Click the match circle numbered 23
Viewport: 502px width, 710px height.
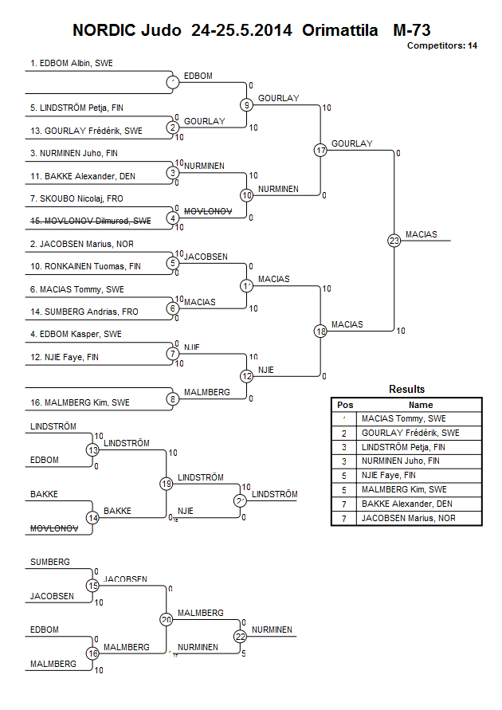click(x=394, y=240)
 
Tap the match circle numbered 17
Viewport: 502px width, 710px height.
click(x=320, y=150)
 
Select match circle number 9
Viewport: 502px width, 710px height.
click(x=247, y=104)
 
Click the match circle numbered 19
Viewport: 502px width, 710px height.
click(x=167, y=484)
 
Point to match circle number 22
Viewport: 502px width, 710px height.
click(x=241, y=636)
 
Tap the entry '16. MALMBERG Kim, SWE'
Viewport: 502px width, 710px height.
click(x=69, y=402)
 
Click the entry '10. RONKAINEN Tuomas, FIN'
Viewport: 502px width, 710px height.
click(x=74, y=266)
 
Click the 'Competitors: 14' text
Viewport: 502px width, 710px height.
click(x=442, y=46)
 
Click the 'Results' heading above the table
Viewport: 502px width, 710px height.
click(x=406, y=390)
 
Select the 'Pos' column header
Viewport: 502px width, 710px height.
click(x=345, y=405)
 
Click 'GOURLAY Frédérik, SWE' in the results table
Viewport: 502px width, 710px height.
click(x=410, y=433)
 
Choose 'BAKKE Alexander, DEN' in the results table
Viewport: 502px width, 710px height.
click(x=406, y=504)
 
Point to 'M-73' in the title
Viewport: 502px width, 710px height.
click(x=412, y=31)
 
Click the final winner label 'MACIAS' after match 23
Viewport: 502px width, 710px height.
click(x=420, y=234)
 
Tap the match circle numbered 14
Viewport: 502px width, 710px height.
click(x=93, y=517)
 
